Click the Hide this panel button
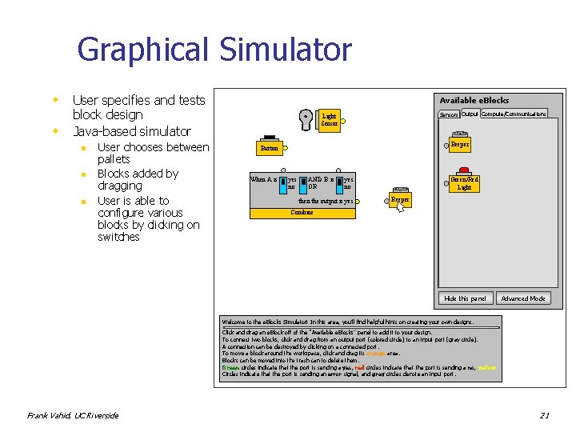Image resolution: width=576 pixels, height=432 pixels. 465,298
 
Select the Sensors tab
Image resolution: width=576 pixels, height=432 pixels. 449,114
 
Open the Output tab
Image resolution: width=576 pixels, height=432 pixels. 470,114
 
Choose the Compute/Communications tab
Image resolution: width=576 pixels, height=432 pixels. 514,114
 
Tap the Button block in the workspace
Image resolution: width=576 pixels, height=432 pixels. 269,148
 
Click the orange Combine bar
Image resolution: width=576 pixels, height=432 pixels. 302,213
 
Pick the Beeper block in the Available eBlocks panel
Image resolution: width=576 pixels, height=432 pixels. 459,145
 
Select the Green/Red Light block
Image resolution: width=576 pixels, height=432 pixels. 464,183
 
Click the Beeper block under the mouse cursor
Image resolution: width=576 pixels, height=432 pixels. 400,199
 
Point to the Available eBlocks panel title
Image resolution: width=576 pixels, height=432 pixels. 474,100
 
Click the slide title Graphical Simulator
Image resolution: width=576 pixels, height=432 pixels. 214,50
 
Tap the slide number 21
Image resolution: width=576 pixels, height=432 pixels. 544,415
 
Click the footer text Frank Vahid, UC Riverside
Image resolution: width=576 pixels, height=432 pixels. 73,415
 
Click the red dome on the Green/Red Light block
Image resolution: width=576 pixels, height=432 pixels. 464,171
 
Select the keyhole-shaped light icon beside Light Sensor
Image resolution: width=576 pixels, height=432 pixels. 305,118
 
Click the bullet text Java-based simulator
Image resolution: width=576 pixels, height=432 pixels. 131,131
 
